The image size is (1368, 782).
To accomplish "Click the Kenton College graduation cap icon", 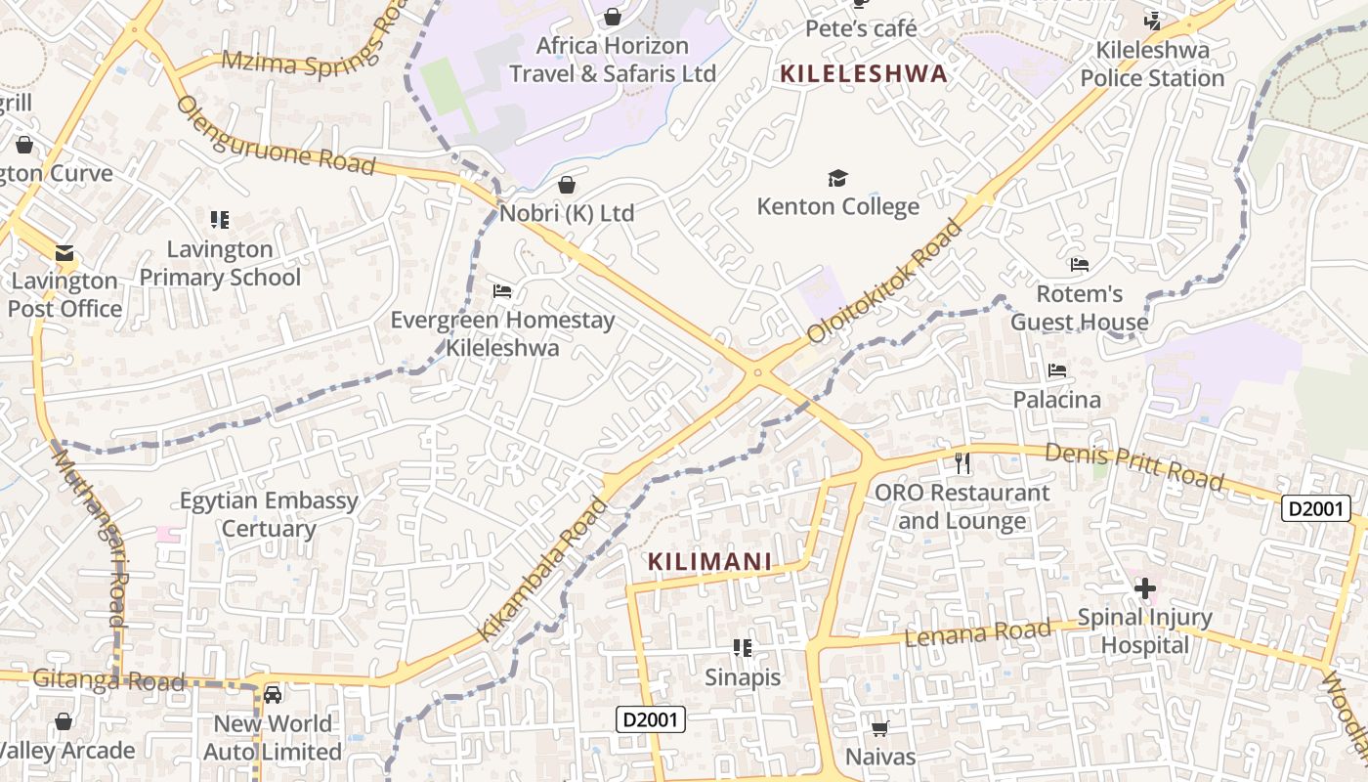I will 837,178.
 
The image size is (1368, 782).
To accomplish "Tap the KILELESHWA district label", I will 864,73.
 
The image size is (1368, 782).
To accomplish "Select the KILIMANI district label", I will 710,562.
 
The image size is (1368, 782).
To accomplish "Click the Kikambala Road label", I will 543,569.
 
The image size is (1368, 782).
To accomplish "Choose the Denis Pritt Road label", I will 1133,466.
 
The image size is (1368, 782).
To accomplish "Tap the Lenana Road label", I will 977,631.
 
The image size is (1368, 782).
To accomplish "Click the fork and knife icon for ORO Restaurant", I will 962,462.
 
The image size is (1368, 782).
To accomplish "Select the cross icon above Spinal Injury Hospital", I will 1144,588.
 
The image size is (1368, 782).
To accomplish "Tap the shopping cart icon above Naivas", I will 879,727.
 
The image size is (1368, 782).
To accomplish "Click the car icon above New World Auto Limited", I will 273,694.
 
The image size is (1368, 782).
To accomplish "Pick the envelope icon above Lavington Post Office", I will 64,252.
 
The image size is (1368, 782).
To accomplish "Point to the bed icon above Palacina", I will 1056,369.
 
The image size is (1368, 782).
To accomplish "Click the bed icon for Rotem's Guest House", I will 1079,264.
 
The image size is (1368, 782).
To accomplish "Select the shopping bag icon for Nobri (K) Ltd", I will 567,184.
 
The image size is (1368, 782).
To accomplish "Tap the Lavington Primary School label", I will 220,263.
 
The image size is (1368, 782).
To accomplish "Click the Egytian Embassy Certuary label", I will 269,514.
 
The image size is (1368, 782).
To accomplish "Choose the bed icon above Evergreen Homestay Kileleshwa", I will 502,290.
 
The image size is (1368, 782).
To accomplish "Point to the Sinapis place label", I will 743,676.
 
